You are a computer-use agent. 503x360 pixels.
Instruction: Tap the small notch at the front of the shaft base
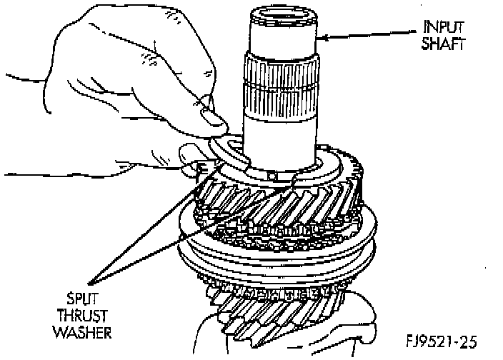pos(272,175)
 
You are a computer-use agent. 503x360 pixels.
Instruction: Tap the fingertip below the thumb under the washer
pos(189,154)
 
